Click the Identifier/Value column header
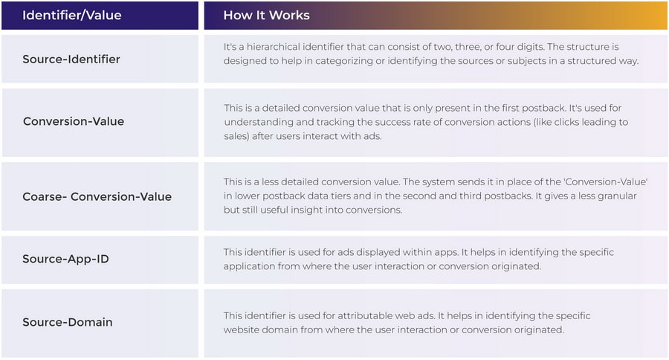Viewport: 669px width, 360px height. pos(71,16)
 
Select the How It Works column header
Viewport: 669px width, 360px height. pos(266,16)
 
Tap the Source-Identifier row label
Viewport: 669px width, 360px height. pos(71,59)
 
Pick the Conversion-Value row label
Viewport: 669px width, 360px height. pos(74,121)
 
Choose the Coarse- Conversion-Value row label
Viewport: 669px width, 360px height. pos(97,196)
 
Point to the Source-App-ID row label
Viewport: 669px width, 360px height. pos(65,259)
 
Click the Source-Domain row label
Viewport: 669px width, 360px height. pos(68,322)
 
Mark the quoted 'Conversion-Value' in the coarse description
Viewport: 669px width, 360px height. pos(606,181)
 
